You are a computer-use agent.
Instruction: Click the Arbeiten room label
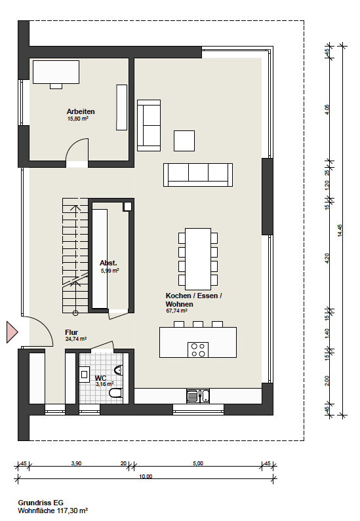click(x=81, y=111)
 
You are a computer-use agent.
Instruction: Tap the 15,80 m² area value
click(x=78, y=118)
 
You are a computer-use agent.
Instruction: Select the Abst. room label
click(x=108, y=263)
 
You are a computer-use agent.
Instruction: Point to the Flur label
click(x=71, y=332)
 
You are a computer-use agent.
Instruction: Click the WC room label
click(x=100, y=378)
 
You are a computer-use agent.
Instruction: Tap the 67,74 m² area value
click(x=176, y=311)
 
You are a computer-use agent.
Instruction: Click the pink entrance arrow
click(x=12, y=332)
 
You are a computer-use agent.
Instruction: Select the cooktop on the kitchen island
click(x=198, y=349)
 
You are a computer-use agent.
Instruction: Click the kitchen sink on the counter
click(x=198, y=396)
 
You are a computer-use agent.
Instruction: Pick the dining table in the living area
click(x=198, y=259)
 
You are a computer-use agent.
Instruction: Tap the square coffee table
click(x=184, y=140)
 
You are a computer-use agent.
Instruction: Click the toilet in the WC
click(x=115, y=393)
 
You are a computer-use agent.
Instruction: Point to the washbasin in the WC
click(x=83, y=374)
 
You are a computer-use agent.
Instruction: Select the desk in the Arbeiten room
click(x=56, y=72)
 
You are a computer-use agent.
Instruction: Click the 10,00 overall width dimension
click(x=146, y=476)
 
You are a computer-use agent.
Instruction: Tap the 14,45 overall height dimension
click(x=340, y=230)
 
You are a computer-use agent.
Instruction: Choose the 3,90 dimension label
click(x=77, y=463)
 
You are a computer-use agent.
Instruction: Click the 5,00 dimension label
click(x=198, y=463)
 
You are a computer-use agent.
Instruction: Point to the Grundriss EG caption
click(x=41, y=503)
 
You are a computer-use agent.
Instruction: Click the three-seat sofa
click(x=198, y=175)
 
